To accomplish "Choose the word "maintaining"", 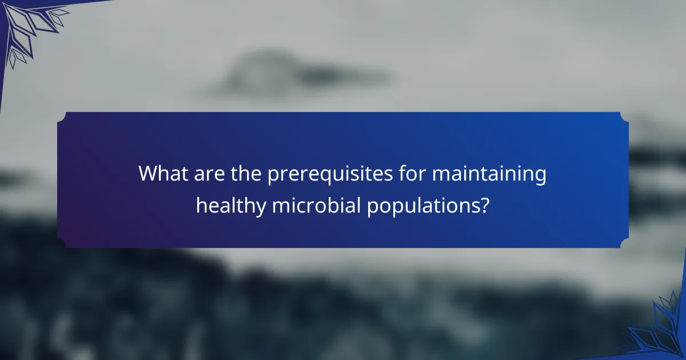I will pos(489,174).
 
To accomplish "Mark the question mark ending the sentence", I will pos(485,204).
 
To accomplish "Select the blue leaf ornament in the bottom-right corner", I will pos(657,331).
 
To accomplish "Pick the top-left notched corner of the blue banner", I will pos(62,117).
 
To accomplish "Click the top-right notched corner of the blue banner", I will pos(624,117).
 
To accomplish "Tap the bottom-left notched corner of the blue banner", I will pos(62,243).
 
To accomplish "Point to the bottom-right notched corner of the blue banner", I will pos(624,243).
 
